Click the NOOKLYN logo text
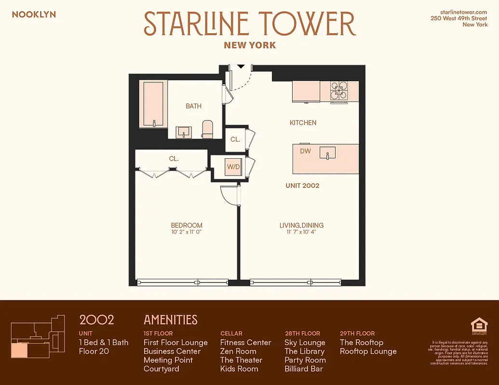[34, 14]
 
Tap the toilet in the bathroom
[207, 128]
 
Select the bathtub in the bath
[153, 104]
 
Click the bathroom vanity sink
[184, 131]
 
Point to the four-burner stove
[339, 90]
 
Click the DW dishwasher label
[305, 151]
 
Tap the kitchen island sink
[328, 153]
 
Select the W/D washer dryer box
[234, 167]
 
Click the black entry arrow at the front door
[241, 66]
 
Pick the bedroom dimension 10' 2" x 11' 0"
[186, 232]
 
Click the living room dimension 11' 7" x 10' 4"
[301, 232]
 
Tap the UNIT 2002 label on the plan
[302, 185]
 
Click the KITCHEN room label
[303, 123]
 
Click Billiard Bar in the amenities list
[303, 369]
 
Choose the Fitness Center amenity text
[245, 343]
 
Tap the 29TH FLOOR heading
[357, 333]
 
